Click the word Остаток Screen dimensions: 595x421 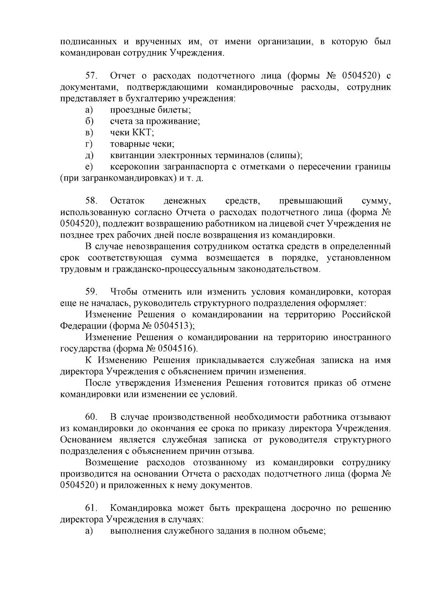(127, 201)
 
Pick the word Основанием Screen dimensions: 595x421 (86, 440)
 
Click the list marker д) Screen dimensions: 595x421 (89, 155)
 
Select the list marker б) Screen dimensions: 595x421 (89, 121)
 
